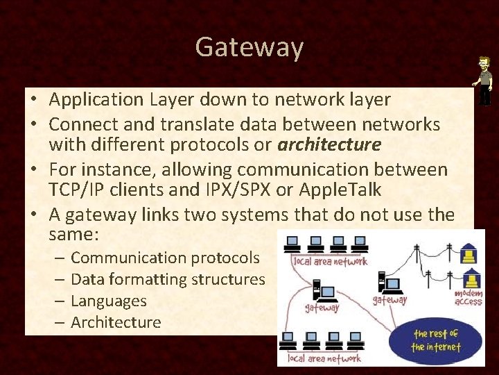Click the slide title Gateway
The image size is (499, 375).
(249, 47)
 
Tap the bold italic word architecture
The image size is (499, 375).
(329, 144)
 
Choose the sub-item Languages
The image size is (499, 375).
(109, 301)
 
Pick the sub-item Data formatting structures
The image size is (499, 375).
(168, 279)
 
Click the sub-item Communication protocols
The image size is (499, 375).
(165, 258)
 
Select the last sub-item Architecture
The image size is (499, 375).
(116, 322)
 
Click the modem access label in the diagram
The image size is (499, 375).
(469, 297)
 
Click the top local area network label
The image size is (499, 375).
(331, 262)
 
